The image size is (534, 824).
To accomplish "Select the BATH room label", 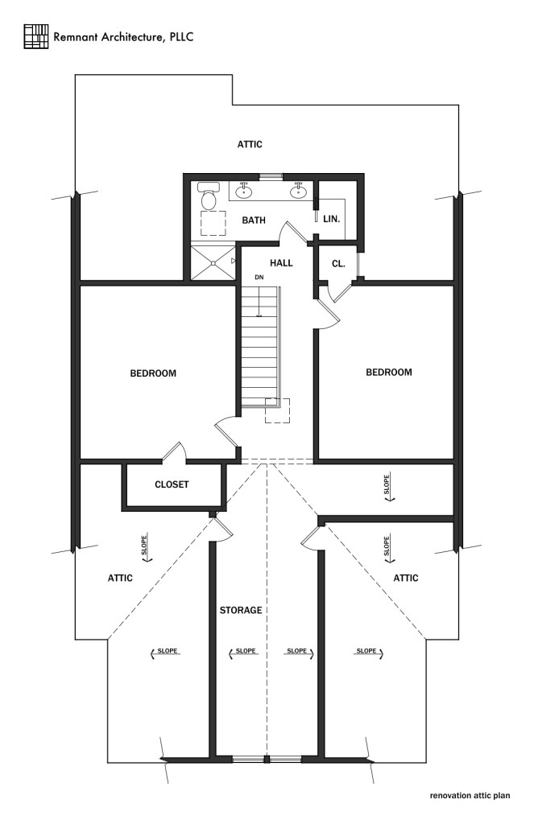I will pyautogui.click(x=254, y=219).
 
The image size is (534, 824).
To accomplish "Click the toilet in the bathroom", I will pyautogui.click(x=209, y=196).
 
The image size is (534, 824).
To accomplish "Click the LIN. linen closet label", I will pyautogui.click(x=331, y=219).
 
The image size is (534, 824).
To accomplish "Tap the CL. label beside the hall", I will pyautogui.click(x=338, y=262).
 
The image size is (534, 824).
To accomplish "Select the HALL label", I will pyautogui.click(x=281, y=262).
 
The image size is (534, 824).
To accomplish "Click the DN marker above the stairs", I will pyautogui.click(x=259, y=278).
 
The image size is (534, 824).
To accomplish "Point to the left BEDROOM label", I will pyautogui.click(x=153, y=373).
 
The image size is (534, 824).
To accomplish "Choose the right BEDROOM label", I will pyautogui.click(x=389, y=373).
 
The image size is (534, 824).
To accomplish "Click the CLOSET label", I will pyautogui.click(x=172, y=484).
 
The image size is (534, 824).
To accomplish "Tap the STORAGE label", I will pyautogui.click(x=241, y=610).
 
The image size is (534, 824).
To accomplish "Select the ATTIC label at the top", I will pyautogui.click(x=250, y=145).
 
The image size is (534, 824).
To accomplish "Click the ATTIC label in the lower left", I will pyautogui.click(x=120, y=578).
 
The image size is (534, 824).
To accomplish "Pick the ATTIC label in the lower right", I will pyautogui.click(x=406, y=578).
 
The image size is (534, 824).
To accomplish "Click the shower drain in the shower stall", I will pyautogui.click(x=212, y=262).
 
